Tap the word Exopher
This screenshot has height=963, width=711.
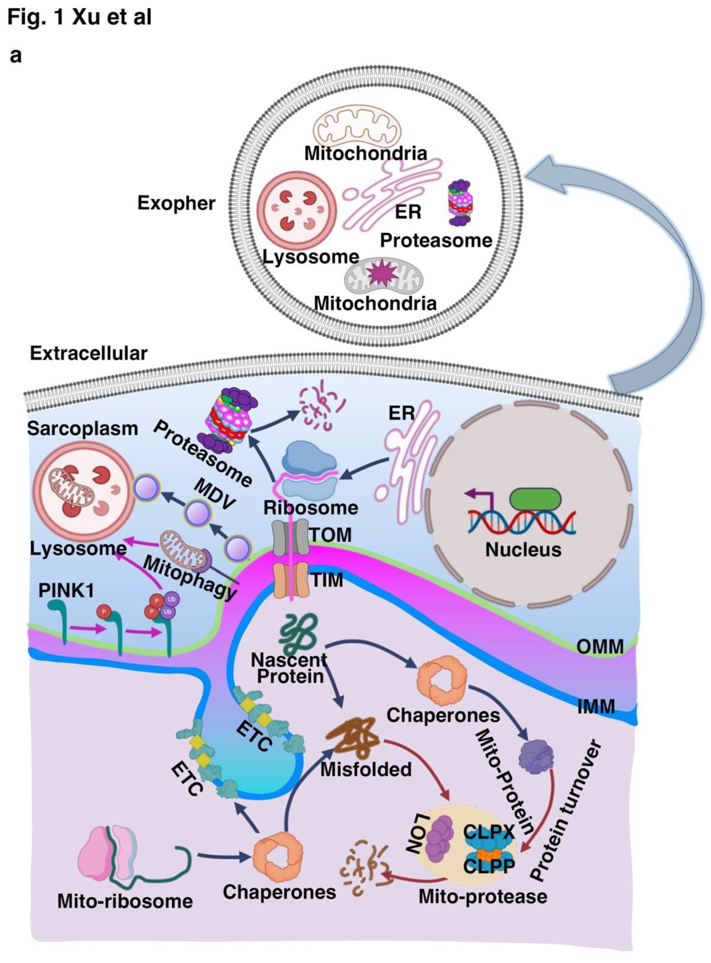tap(176, 203)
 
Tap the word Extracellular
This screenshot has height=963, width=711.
tap(89, 353)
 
